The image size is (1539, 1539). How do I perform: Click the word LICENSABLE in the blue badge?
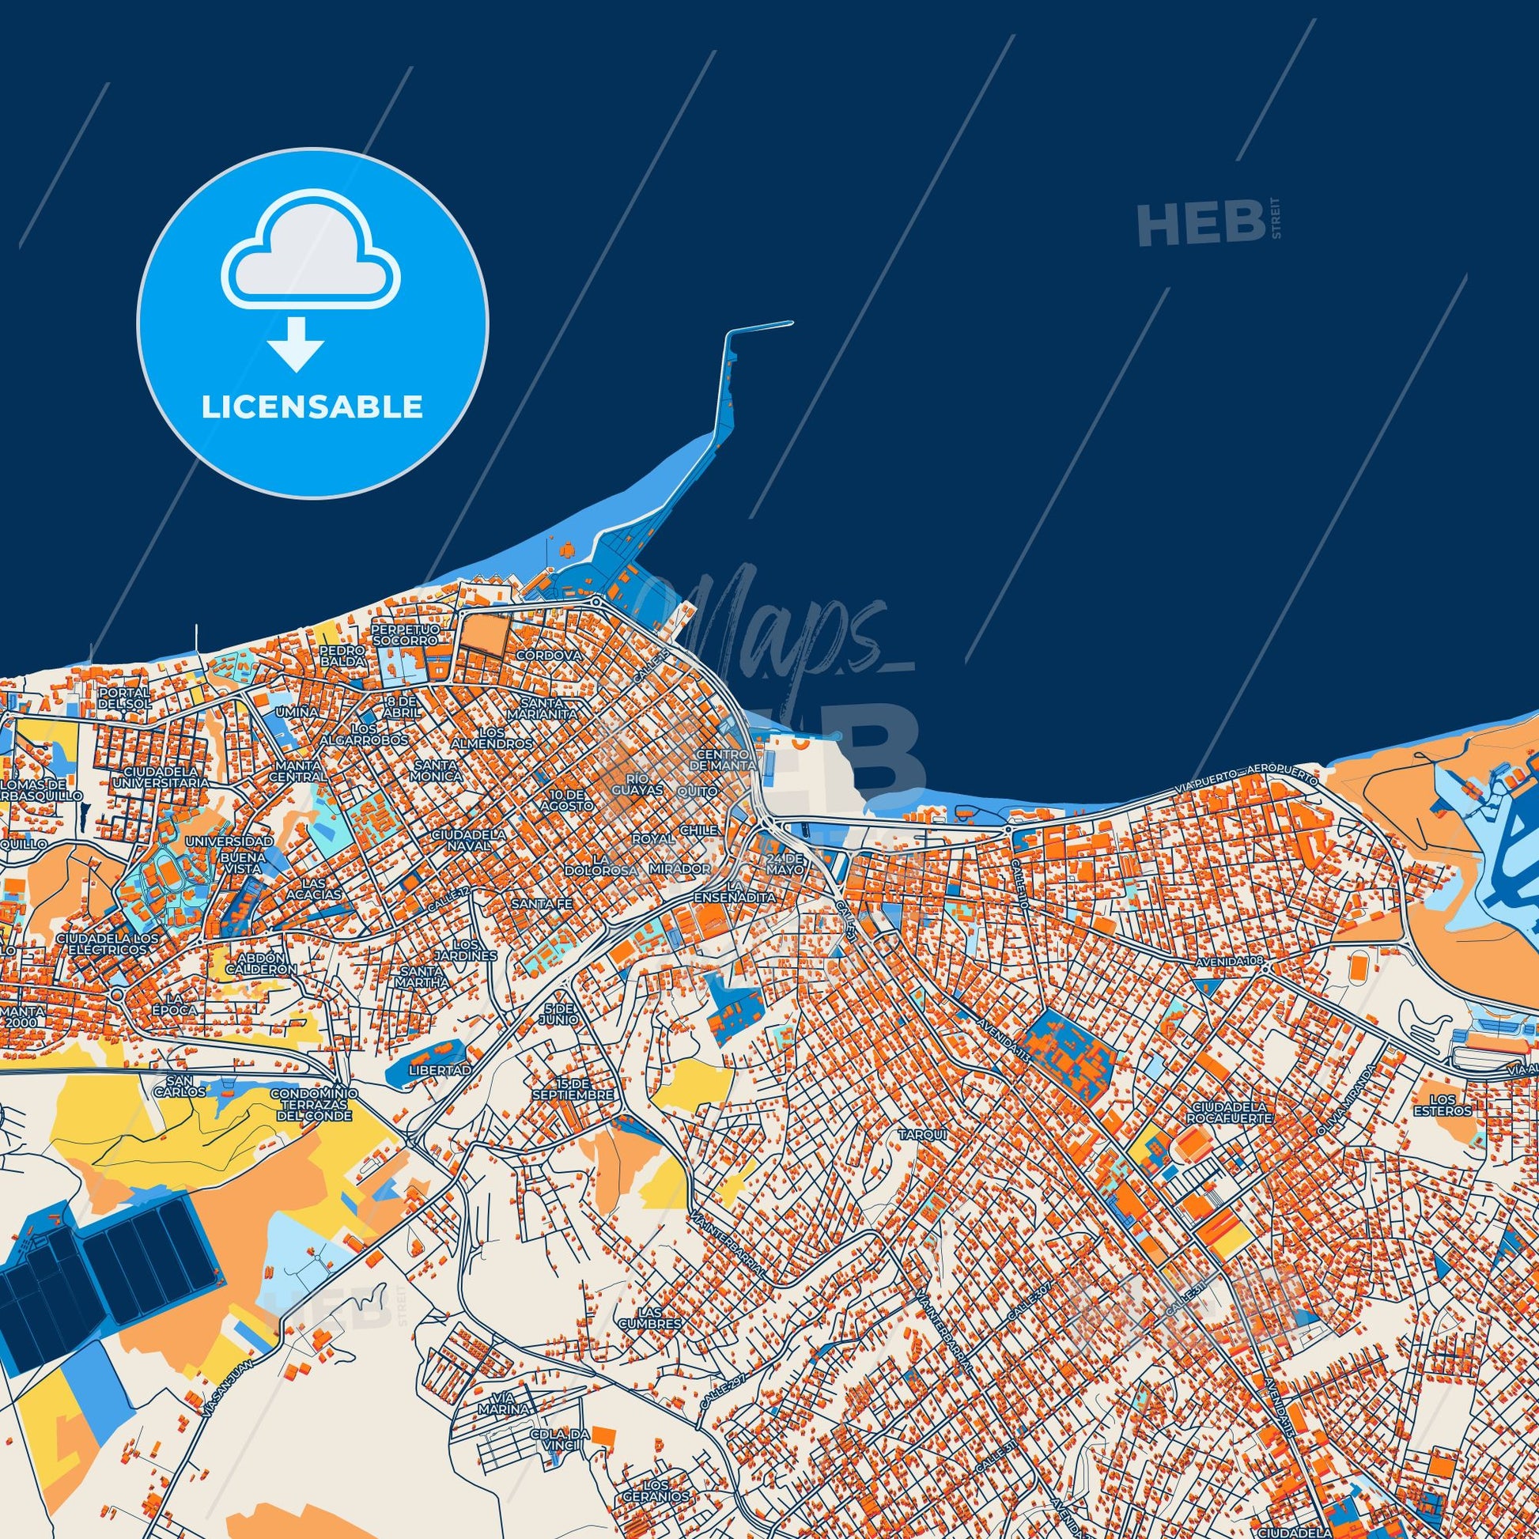[312, 407]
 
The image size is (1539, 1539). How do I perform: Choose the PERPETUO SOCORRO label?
[405, 634]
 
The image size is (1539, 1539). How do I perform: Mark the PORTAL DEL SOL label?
[124, 698]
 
